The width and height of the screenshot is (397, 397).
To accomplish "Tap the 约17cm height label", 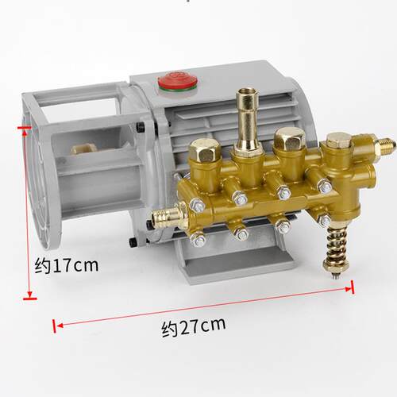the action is point(67,265).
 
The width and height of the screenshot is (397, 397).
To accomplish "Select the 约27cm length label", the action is point(194,327).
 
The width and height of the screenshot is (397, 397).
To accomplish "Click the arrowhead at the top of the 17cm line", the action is point(25,133).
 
